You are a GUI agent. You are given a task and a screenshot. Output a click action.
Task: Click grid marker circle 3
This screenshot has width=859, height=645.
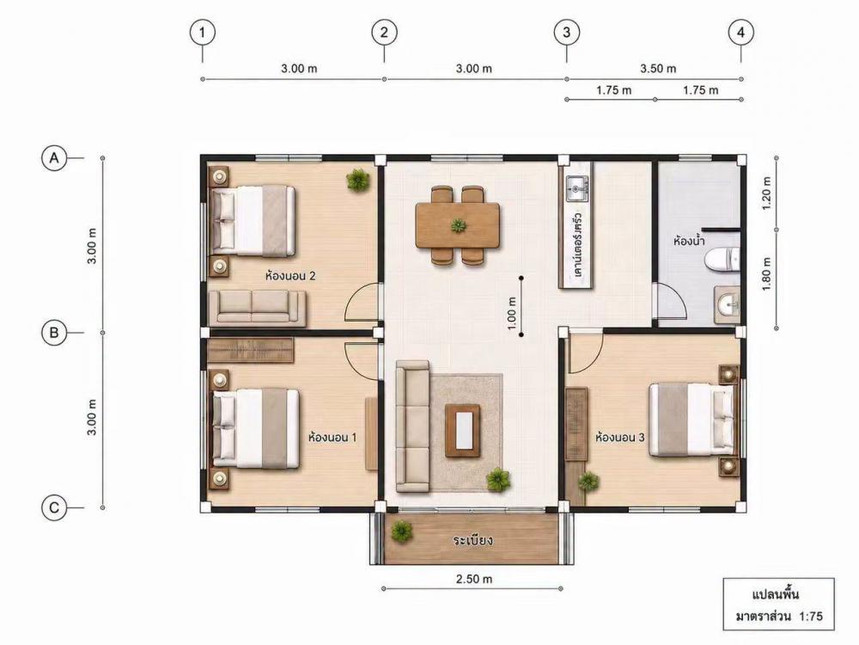pyautogui.click(x=566, y=33)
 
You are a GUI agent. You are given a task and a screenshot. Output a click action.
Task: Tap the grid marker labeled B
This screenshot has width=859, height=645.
pyautogui.click(x=53, y=332)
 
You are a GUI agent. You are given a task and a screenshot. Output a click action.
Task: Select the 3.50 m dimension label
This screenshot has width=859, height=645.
pyautogui.click(x=658, y=69)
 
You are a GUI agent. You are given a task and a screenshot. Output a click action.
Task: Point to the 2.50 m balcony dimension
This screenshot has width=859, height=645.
pyautogui.click(x=474, y=579)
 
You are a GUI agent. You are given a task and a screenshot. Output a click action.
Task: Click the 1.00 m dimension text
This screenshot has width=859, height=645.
pyautogui.click(x=512, y=313)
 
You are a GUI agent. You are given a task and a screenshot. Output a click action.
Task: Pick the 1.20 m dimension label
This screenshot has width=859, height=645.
pyautogui.click(x=766, y=193)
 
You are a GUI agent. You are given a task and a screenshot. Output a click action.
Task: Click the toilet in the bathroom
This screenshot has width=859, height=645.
pyautogui.click(x=722, y=260)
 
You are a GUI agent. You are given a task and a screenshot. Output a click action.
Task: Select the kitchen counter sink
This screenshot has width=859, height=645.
pyautogui.click(x=576, y=189)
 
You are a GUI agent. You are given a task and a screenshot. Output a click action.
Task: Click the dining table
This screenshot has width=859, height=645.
pyautogui.click(x=458, y=225)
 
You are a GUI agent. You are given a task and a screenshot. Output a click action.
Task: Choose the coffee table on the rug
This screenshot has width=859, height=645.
pyautogui.click(x=463, y=431)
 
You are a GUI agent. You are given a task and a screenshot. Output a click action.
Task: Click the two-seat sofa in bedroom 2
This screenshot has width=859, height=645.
pyautogui.click(x=258, y=307)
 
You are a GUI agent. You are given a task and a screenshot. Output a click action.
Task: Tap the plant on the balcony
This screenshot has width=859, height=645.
pyautogui.click(x=401, y=531)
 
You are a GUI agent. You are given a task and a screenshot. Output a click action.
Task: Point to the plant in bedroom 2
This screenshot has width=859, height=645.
pyautogui.click(x=357, y=180)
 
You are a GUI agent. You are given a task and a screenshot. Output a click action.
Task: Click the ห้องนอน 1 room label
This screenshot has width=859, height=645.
pyautogui.click(x=332, y=438)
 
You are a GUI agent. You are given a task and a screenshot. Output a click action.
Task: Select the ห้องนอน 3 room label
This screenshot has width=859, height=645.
pyautogui.click(x=619, y=438)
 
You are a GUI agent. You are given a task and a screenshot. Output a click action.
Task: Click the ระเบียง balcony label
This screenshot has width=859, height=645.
pyautogui.click(x=472, y=540)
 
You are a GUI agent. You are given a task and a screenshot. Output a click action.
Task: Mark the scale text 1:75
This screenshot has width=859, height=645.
pyautogui.click(x=811, y=616)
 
